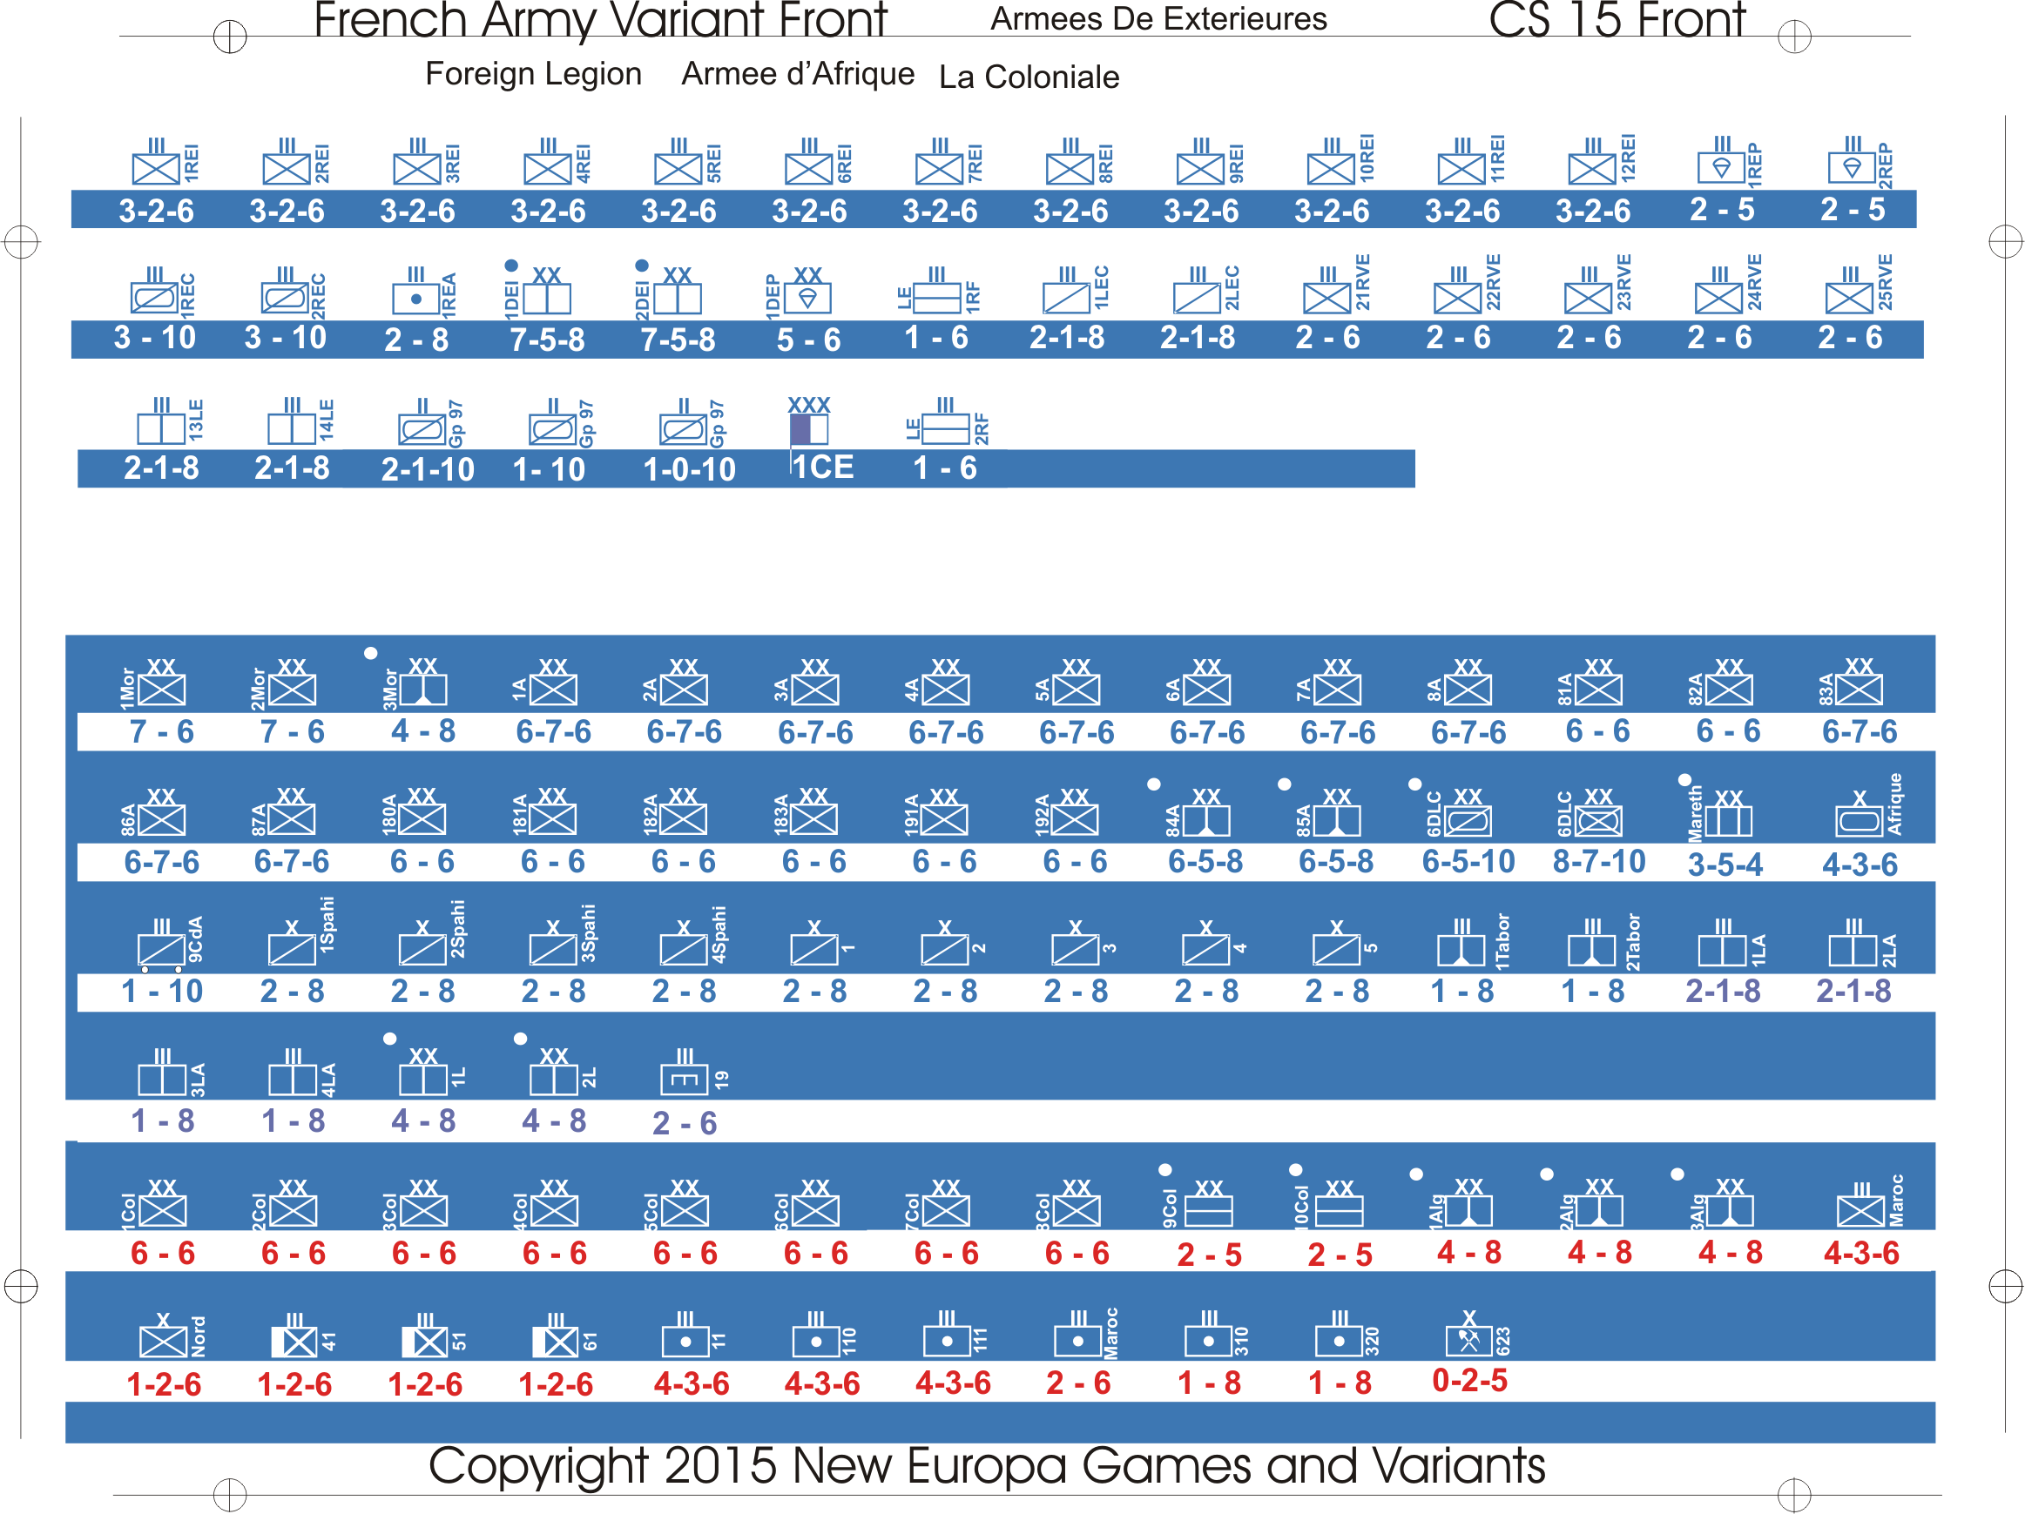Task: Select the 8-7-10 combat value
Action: pyautogui.click(x=1598, y=861)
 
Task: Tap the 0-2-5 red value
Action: pyautogui.click(x=1469, y=1380)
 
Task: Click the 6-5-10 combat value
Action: pyautogui.click(x=1468, y=861)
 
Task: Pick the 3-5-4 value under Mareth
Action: pyautogui.click(x=1725, y=865)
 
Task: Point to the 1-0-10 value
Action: pyautogui.click(x=689, y=469)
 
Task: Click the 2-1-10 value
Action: pyautogui.click(x=428, y=469)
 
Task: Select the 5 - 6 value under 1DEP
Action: pyautogui.click(x=808, y=340)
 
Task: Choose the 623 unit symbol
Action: pyautogui.click(x=1468, y=1340)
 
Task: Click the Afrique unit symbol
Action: pyautogui.click(x=1860, y=820)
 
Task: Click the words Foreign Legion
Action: pyautogui.click(x=534, y=73)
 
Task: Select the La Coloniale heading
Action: pyautogui.click(x=1029, y=77)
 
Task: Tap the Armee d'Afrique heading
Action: pyautogui.click(x=797, y=73)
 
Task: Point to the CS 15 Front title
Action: pyautogui.click(x=1617, y=20)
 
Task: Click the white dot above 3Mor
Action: pyautogui.click(x=371, y=654)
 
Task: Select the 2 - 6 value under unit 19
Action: pyautogui.click(x=684, y=1123)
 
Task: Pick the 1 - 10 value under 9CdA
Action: pyautogui.click(x=162, y=992)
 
